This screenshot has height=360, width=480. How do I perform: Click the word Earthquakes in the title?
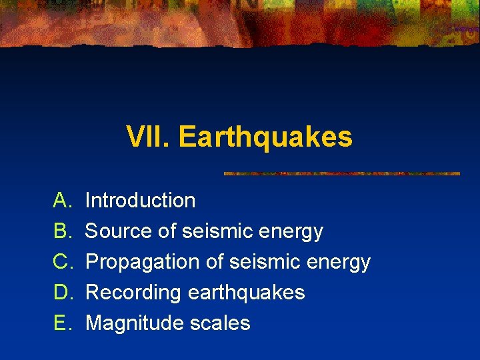click(265, 137)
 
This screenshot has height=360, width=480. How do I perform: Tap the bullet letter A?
click(62, 200)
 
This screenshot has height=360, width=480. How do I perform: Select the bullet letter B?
click(62, 231)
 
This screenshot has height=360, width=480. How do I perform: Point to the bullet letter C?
click(62, 261)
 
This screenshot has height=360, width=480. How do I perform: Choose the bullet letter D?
click(62, 292)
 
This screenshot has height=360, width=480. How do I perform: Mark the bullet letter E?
click(62, 323)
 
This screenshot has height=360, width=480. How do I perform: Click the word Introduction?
click(141, 200)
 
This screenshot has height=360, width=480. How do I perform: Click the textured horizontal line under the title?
click(341, 173)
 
